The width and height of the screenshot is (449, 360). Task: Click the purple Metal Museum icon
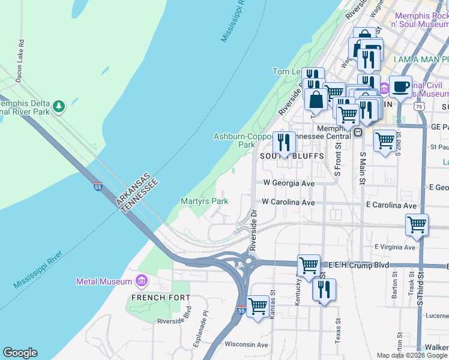(142, 281)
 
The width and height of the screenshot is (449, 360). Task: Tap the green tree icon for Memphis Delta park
(58, 107)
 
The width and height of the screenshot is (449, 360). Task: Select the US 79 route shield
(420, 106)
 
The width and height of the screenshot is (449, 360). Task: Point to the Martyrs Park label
(204, 202)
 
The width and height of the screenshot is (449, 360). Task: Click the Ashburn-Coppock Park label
(243, 140)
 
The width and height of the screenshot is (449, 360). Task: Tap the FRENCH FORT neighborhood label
(160, 298)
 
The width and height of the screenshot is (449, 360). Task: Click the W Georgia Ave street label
(289, 183)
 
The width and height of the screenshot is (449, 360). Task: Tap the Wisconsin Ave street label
(246, 345)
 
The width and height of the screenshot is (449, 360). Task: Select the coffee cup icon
(401, 86)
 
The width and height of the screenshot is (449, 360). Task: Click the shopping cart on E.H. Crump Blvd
(309, 265)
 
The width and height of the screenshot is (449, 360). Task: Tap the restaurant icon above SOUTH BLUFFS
(284, 142)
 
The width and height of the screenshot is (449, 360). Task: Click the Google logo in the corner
(20, 353)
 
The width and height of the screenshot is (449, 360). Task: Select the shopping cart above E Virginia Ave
(417, 225)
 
